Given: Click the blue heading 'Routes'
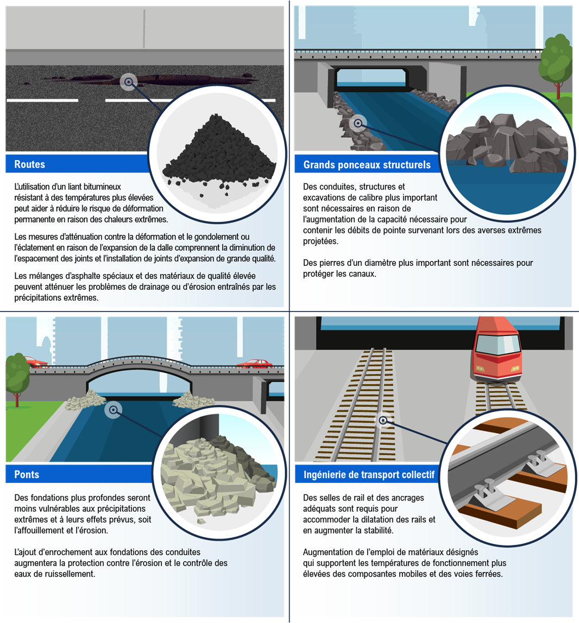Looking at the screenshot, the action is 29,164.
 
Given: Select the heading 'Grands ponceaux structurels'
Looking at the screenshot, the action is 367,165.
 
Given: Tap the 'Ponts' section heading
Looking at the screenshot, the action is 27,474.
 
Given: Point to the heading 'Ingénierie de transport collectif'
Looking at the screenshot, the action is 369,475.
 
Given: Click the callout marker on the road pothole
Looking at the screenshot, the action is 128,82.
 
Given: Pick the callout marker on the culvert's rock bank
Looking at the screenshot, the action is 358,123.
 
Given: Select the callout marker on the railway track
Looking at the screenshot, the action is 383,421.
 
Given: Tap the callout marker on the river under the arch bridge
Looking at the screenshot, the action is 114,410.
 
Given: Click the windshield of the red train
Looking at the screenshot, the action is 498,345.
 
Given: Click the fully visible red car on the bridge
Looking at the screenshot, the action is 255,364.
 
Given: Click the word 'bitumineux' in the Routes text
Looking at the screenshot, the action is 102,187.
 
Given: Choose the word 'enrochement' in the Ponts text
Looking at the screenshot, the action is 84,552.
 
